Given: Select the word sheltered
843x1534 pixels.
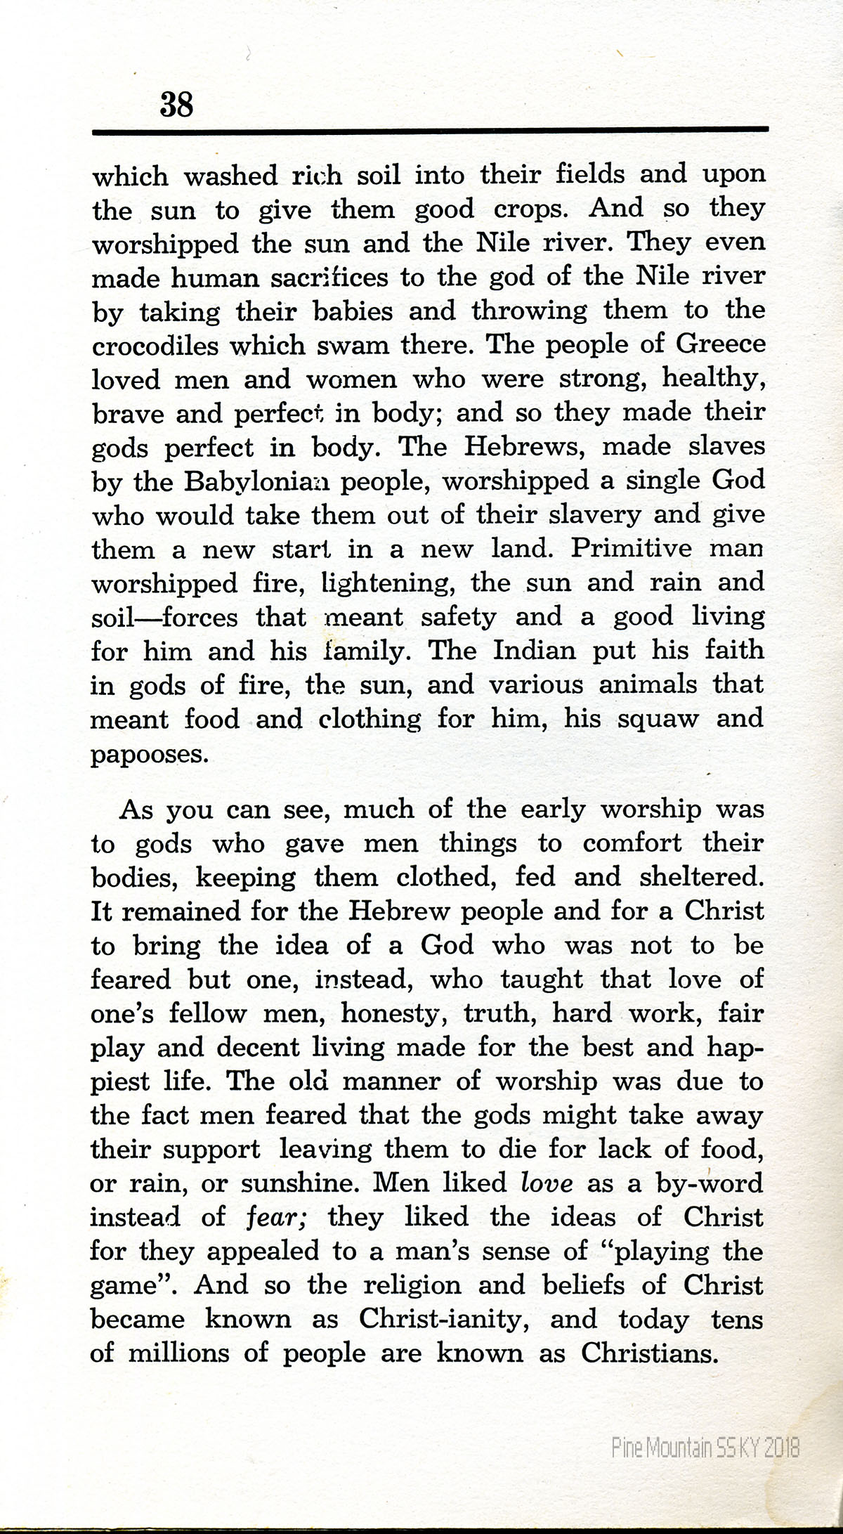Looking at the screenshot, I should [701, 877].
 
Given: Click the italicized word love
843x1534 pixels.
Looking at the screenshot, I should [547, 1183].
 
